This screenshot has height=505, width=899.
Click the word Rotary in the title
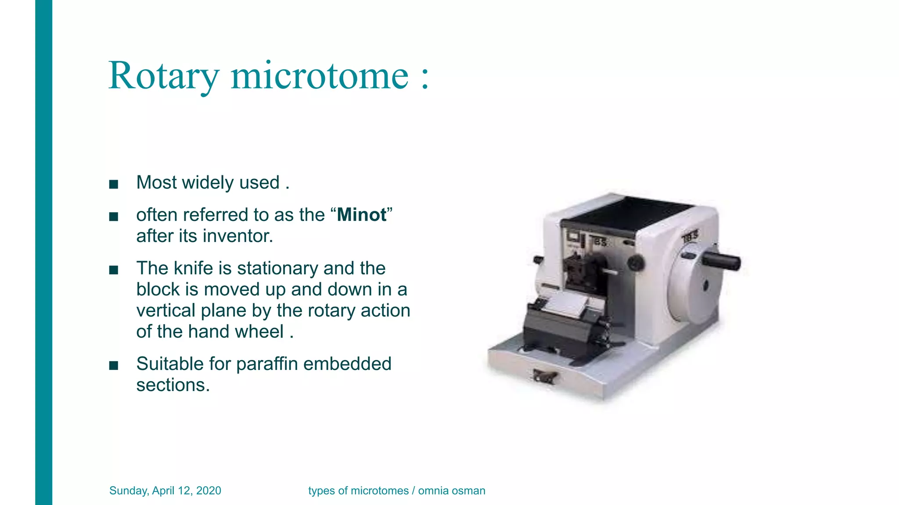click(163, 76)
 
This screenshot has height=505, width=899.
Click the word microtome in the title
click(320, 76)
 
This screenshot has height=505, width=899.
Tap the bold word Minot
click(362, 215)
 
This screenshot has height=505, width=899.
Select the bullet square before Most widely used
click(114, 184)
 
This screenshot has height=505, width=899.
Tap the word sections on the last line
click(173, 385)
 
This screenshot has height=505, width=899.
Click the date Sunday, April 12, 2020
click(165, 491)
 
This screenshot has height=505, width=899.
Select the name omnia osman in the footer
click(451, 491)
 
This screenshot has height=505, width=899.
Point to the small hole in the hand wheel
click(705, 286)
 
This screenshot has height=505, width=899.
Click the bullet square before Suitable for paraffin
click(114, 365)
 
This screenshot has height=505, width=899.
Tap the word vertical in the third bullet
click(166, 310)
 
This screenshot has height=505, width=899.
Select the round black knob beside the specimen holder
click(636, 263)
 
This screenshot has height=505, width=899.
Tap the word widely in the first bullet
click(208, 182)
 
